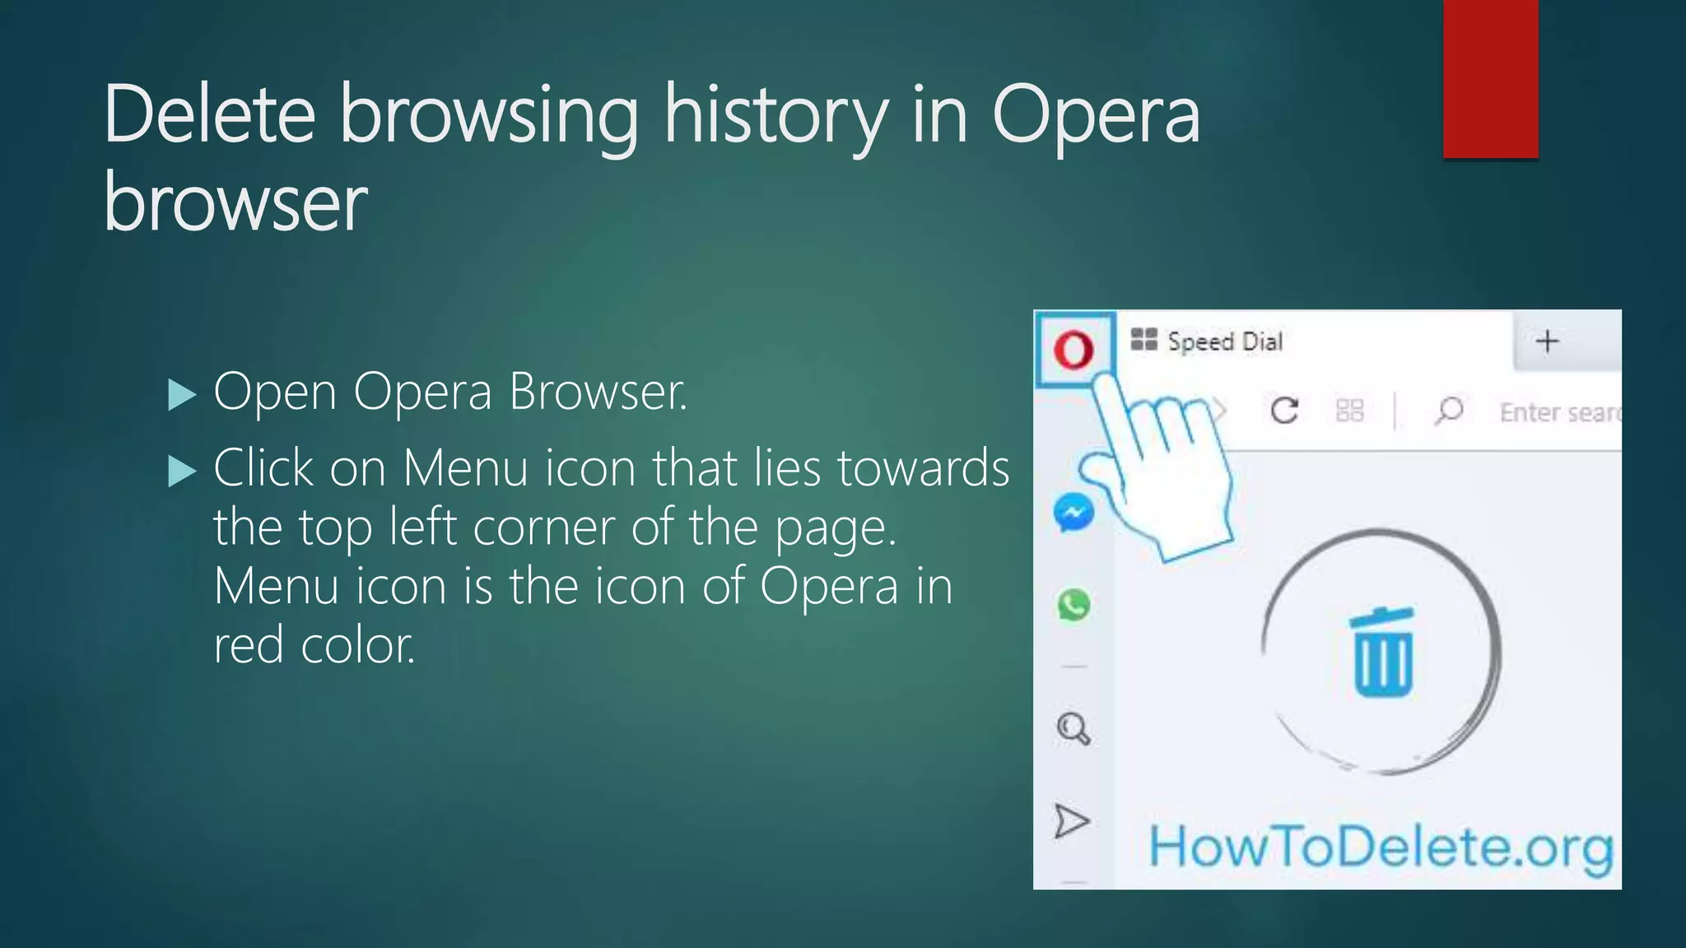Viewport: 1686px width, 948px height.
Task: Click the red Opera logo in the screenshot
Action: tap(1074, 350)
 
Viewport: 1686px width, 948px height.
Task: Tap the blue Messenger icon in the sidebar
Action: tap(1074, 513)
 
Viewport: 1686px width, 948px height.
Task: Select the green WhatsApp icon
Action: tap(1074, 605)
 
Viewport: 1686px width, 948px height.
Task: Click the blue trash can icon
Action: tap(1383, 654)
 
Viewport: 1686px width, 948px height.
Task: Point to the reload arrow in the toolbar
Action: tap(1284, 410)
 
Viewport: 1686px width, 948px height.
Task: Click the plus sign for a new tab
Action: tap(1548, 341)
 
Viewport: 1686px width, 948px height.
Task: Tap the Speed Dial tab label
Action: tap(1224, 342)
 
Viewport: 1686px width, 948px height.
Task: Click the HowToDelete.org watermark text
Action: tap(1381, 848)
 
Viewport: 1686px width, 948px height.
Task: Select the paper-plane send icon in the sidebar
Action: tap(1072, 820)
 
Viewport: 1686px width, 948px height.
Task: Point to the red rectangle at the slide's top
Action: tap(1490, 78)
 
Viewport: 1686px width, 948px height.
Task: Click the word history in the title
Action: tap(775, 117)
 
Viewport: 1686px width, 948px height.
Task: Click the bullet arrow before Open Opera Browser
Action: tap(181, 395)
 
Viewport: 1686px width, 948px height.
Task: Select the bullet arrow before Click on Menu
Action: tap(181, 472)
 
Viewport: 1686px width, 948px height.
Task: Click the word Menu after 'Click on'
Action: tap(465, 469)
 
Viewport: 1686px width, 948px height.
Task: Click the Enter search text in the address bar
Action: tap(1558, 412)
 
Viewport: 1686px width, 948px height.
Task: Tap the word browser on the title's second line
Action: tap(235, 203)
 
